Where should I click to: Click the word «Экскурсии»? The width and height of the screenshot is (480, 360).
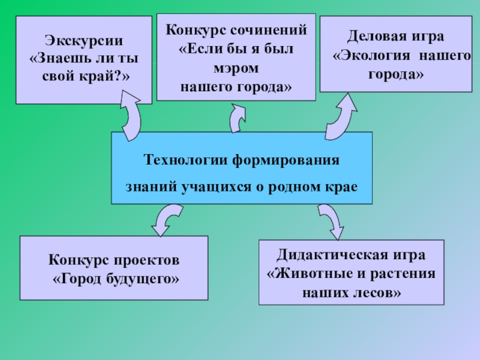[x=84, y=41]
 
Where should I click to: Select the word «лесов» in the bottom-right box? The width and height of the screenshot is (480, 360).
[x=367, y=293]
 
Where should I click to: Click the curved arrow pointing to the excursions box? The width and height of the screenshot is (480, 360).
[x=130, y=114]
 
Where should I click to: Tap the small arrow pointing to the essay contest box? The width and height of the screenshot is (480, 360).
[x=238, y=117]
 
